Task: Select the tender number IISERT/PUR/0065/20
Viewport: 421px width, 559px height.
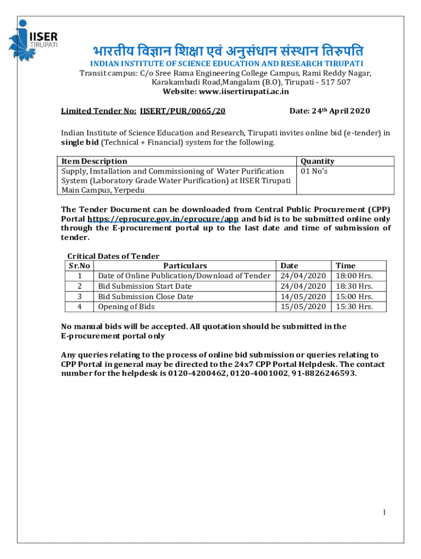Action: tap(183, 111)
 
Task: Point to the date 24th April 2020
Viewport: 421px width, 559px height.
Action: tap(329, 111)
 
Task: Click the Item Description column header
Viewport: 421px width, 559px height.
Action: tap(94, 161)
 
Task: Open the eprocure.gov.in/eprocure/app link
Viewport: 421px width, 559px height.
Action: tap(163, 218)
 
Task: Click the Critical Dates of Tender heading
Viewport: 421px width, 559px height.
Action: tap(113, 256)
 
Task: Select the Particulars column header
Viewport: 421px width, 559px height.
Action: tap(185, 266)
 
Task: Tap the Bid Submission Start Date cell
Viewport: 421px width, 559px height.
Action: tap(145, 286)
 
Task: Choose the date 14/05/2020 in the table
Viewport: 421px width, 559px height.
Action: tap(303, 296)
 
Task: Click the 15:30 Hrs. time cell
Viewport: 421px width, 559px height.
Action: tap(354, 306)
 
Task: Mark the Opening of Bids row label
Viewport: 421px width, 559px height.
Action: tap(126, 306)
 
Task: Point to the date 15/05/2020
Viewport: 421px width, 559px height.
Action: tap(303, 306)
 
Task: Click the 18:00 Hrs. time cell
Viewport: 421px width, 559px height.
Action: tap(354, 276)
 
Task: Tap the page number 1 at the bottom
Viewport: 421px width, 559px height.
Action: tap(385, 512)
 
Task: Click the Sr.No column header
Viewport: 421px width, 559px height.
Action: tap(79, 266)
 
